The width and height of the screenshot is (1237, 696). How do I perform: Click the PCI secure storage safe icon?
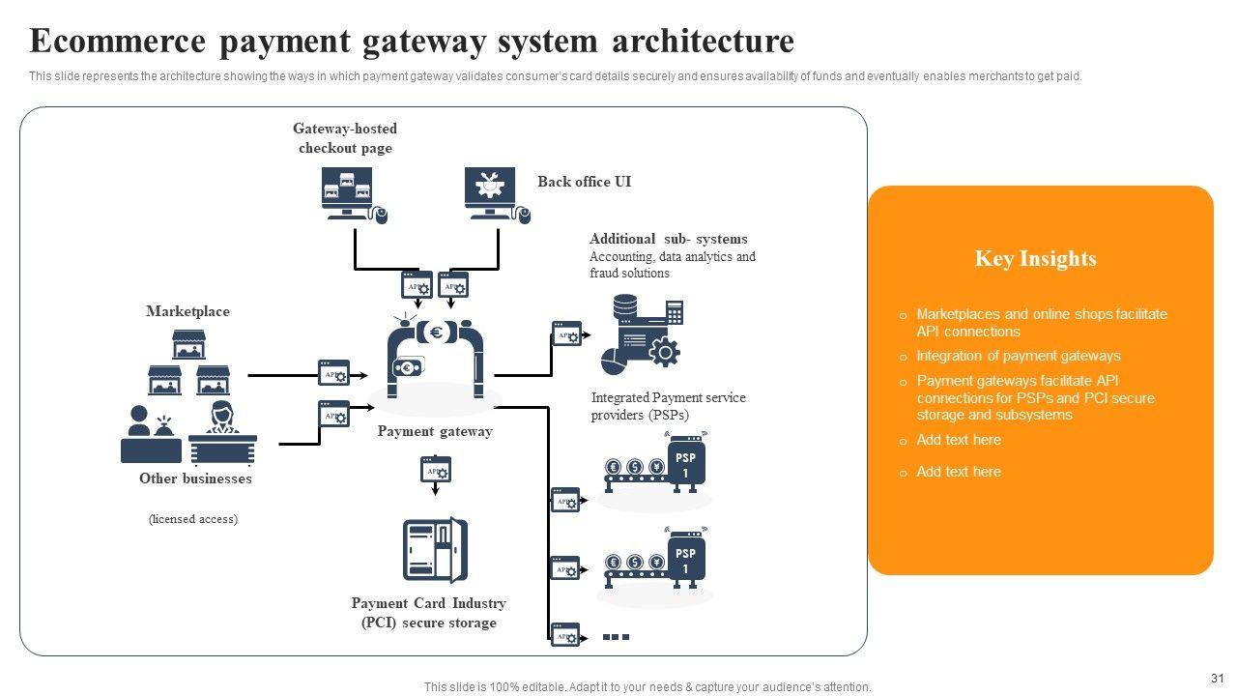pyautogui.click(x=435, y=550)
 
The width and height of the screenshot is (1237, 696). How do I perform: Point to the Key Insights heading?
pyautogui.click(x=1035, y=259)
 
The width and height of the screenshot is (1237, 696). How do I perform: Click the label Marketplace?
pyautogui.click(x=187, y=311)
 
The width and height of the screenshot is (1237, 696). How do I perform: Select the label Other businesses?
pyautogui.click(x=195, y=478)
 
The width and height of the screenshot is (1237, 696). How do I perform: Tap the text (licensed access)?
pyautogui.click(x=193, y=519)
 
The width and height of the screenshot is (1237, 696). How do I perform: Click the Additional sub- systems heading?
pyautogui.click(x=668, y=239)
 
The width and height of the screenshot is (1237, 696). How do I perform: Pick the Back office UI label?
pyautogui.click(x=584, y=182)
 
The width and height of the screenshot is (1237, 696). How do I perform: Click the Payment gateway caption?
pyautogui.click(x=435, y=431)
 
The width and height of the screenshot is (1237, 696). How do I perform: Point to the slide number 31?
pyautogui.click(x=1217, y=679)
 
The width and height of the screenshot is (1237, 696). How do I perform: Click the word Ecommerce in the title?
pyautogui.click(x=118, y=42)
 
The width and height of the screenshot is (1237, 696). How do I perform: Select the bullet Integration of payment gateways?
pyautogui.click(x=1018, y=356)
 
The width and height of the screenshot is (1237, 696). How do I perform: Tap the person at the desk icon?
pyautogui.click(x=222, y=433)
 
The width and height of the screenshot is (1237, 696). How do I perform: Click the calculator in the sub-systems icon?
pyautogui.click(x=675, y=312)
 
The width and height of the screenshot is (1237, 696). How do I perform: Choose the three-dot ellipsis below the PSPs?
pyautogui.click(x=616, y=637)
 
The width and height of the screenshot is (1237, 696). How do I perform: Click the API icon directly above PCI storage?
pyautogui.click(x=436, y=471)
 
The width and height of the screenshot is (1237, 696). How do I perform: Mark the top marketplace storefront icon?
pyautogui.click(x=188, y=344)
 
